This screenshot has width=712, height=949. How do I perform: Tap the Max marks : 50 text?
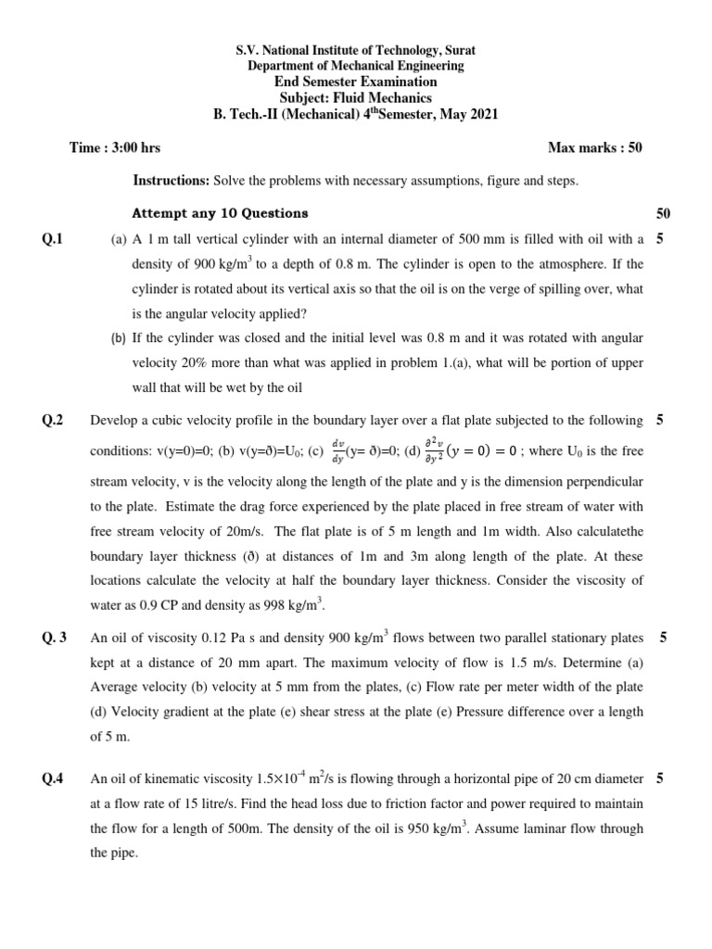(x=595, y=147)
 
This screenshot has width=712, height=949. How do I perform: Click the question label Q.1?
(x=53, y=239)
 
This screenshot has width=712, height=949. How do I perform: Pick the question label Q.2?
(x=53, y=421)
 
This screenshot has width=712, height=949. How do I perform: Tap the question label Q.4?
(x=53, y=778)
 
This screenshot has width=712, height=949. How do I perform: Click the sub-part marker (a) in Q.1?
(x=119, y=239)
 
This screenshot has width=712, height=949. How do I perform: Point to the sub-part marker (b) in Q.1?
(x=119, y=337)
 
